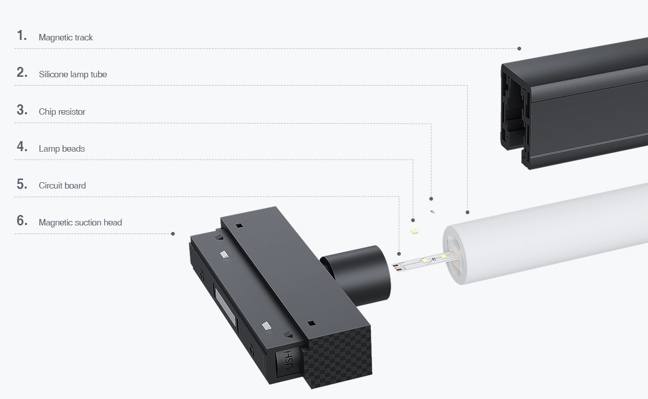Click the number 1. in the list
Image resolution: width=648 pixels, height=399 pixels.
(21, 35)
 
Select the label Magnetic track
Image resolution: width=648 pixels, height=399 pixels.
(66, 37)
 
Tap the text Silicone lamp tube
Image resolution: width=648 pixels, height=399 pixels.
(73, 74)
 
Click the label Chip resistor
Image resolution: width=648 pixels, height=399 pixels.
(62, 112)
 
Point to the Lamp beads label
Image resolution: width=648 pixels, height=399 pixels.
(62, 149)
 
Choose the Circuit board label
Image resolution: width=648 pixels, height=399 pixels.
(62, 186)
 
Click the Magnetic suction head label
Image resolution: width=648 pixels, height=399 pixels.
(80, 222)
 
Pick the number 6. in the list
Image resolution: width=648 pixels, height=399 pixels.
(21, 220)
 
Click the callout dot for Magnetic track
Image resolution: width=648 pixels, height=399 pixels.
(519, 48)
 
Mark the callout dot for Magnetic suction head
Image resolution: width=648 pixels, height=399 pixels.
(173, 233)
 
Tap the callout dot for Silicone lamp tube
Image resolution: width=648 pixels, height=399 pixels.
(468, 211)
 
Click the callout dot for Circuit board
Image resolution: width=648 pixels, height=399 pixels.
(399, 254)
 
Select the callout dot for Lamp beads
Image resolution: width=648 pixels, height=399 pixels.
(413, 220)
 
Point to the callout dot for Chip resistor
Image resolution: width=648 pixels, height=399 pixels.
(431, 199)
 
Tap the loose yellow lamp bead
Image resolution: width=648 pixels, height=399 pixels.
(414, 231)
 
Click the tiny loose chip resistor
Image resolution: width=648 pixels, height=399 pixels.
(433, 211)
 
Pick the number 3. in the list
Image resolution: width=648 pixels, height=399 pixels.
(21, 110)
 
